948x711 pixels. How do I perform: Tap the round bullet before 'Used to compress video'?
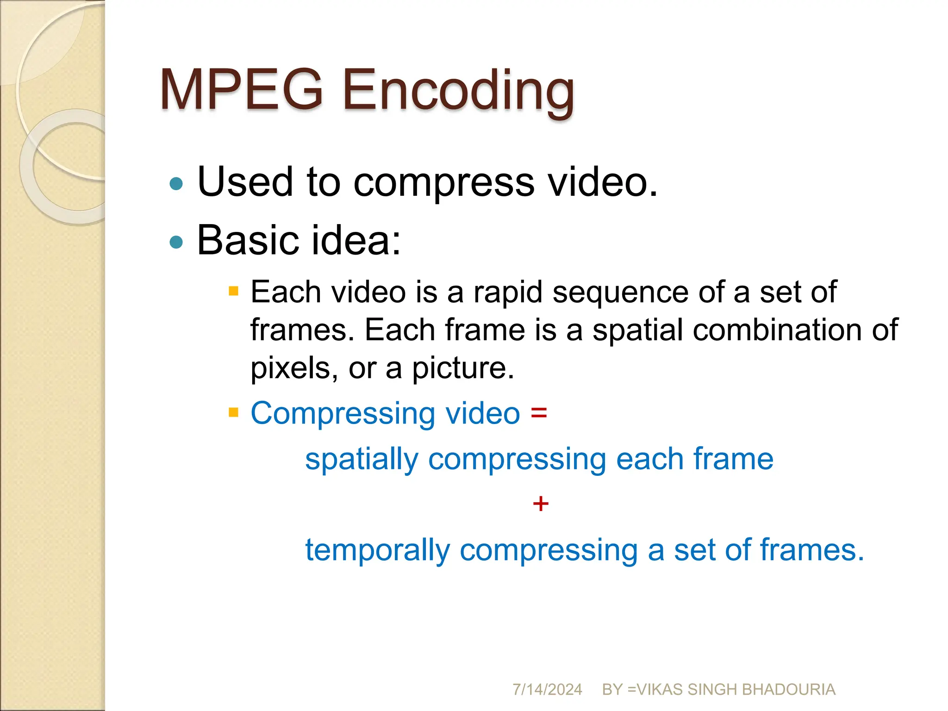(x=176, y=184)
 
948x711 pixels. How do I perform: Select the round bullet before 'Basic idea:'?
(x=176, y=242)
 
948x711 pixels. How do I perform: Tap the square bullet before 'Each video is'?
(x=234, y=291)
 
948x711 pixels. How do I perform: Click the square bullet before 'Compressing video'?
(x=234, y=412)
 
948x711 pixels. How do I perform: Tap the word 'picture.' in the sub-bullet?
(x=463, y=369)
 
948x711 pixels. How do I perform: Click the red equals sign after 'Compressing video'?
(x=539, y=412)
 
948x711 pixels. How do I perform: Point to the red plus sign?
(x=540, y=504)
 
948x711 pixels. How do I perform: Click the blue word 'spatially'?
(x=362, y=460)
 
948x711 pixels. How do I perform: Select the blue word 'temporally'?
(x=377, y=551)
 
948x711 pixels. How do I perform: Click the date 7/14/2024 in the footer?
(x=547, y=690)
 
